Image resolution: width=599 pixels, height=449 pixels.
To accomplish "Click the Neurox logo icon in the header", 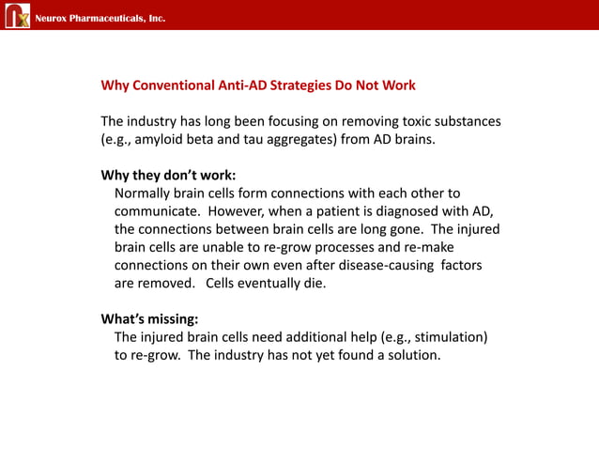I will tap(18, 16).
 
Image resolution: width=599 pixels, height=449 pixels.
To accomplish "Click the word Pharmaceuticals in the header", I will tap(102, 18).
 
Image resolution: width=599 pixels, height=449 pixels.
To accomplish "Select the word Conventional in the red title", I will tap(176, 85).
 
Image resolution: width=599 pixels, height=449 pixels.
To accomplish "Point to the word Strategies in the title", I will tap(303, 85).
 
